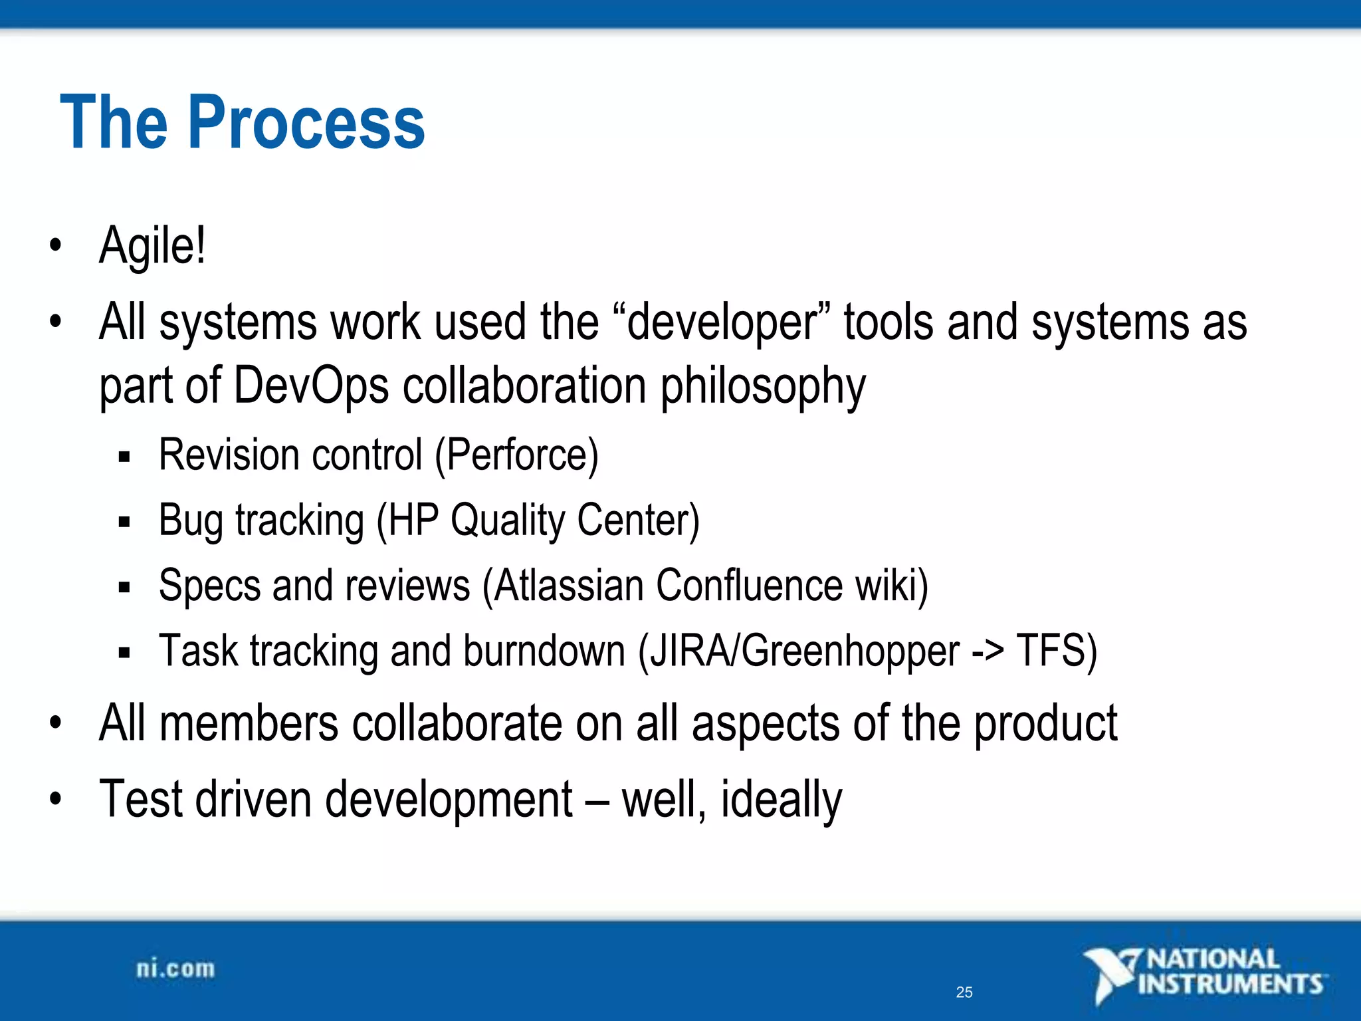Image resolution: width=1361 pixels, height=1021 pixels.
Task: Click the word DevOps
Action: (x=311, y=386)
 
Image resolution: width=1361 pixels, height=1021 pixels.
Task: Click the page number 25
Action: (x=964, y=992)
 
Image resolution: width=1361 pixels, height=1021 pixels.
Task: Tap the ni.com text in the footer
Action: (x=175, y=969)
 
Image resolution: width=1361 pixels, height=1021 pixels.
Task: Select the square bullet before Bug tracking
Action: (x=124, y=522)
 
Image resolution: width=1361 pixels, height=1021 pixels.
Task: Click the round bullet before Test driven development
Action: (x=55, y=798)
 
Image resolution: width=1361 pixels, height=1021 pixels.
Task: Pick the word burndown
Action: (x=544, y=651)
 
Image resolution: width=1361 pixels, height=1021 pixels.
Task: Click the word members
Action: (x=249, y=724)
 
